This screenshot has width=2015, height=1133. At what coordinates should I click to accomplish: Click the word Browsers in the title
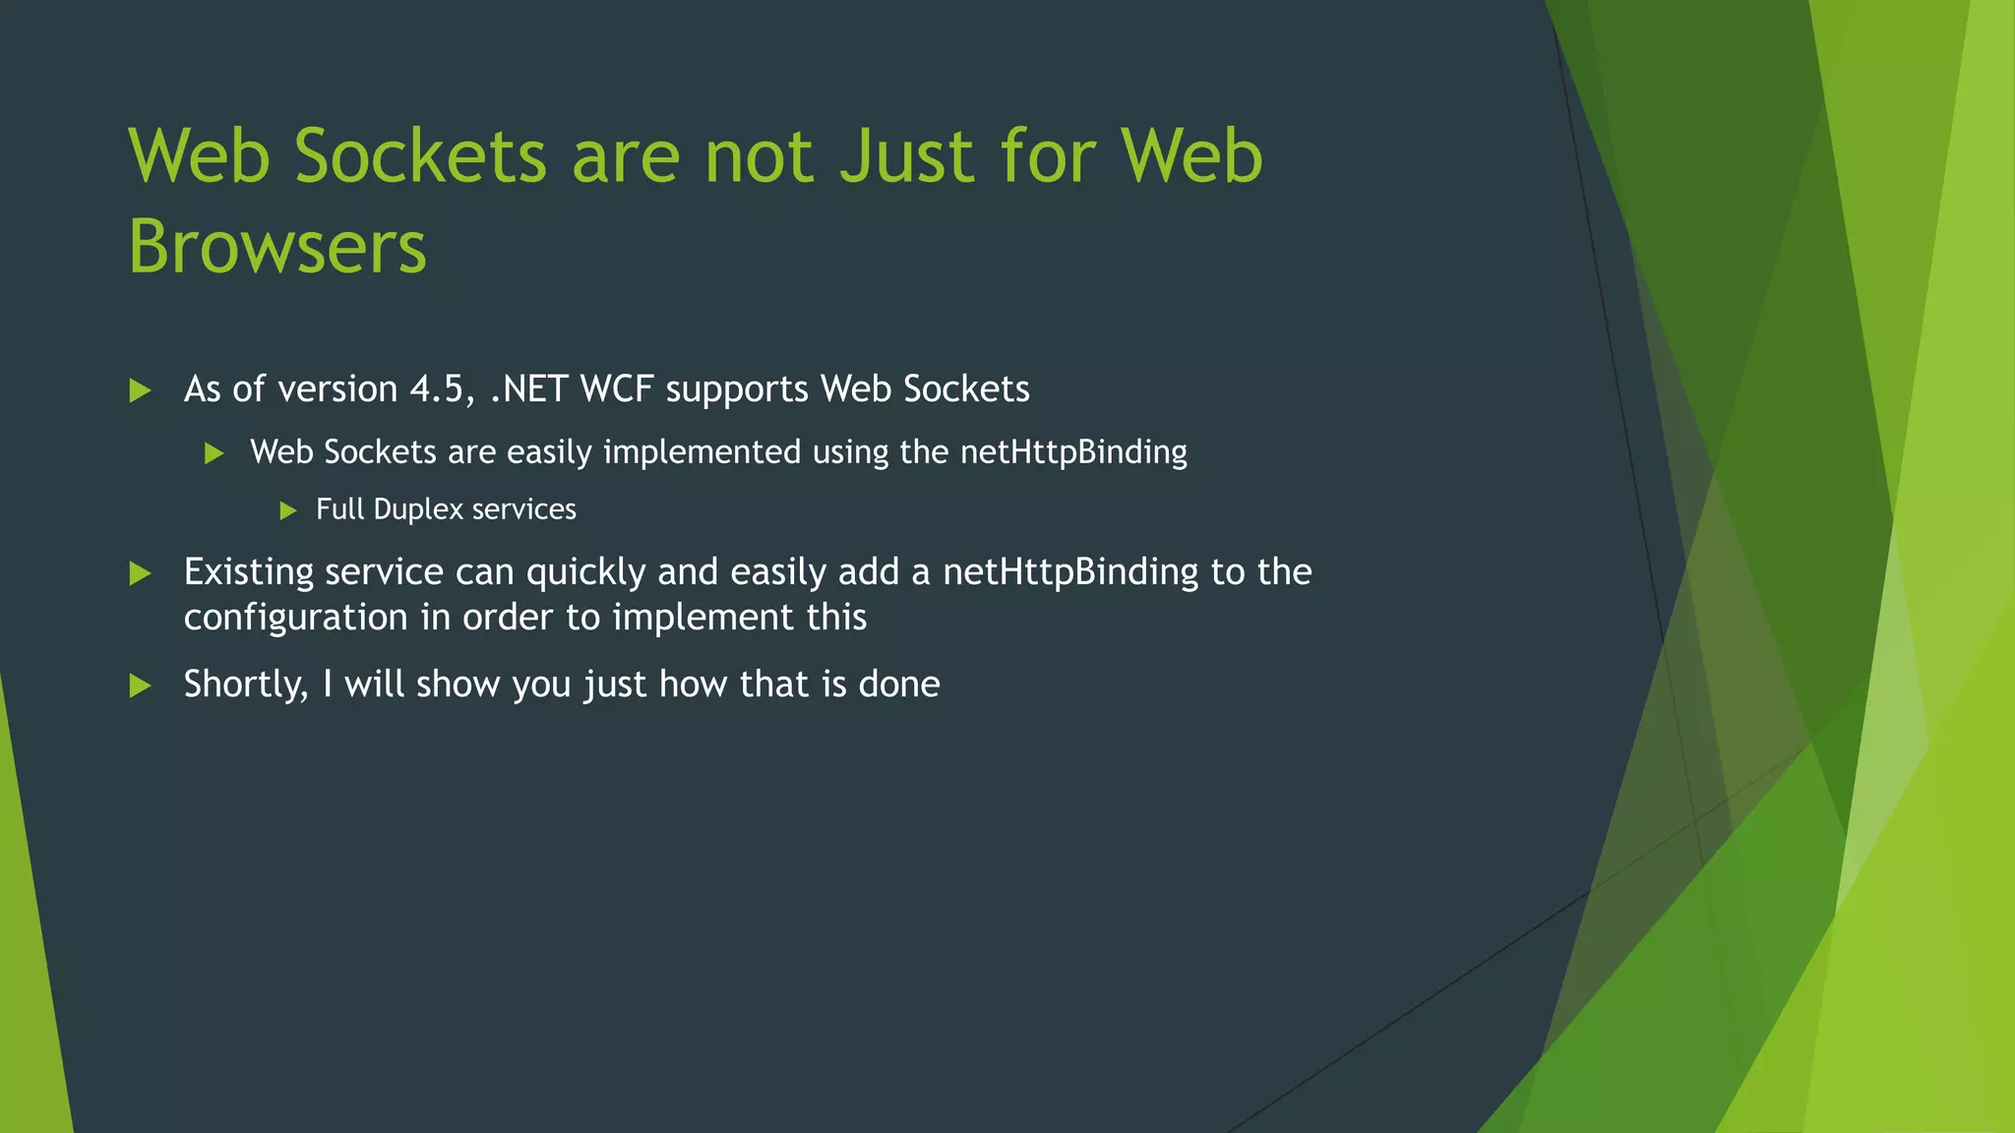277,246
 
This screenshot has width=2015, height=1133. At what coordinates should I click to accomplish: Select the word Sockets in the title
420,156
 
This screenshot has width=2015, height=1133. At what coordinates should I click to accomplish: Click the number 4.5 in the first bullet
437,389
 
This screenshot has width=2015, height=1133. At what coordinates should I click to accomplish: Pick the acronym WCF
617,389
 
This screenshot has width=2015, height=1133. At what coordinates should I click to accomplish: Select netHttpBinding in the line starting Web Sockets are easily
1073,452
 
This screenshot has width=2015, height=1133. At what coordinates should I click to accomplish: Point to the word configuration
295,618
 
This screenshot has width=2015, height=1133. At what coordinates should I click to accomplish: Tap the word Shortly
246,685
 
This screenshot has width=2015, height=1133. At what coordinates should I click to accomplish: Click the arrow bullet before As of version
141,390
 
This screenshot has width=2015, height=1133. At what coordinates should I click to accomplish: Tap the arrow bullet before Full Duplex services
288,510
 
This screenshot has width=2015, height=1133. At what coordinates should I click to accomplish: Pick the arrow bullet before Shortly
141,686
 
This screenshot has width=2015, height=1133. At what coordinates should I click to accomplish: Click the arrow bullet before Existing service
141,573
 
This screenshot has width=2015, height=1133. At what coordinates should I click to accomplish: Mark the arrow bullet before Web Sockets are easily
214,453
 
